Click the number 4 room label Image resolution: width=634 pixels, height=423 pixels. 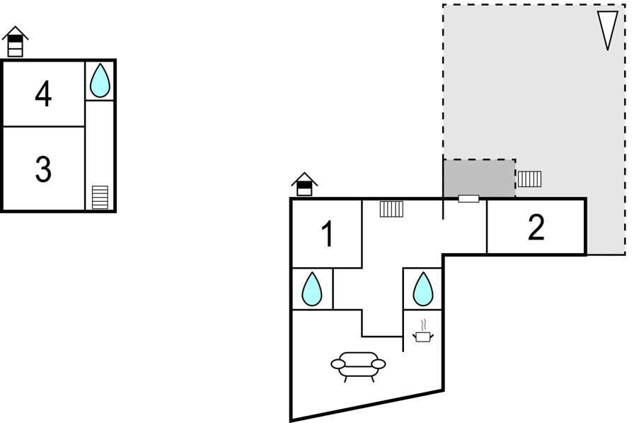pos(43,94)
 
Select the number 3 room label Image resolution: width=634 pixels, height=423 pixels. pos(43,169)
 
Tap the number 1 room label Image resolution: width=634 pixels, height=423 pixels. pos(327,234)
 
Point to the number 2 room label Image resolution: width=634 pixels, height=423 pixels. pos(536,227)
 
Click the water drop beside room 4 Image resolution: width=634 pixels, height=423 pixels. pos(100,81)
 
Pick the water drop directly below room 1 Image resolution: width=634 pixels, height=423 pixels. pos(312,289)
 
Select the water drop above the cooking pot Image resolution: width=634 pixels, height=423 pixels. pos(423,289)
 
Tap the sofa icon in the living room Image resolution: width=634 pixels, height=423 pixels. pos(358,366)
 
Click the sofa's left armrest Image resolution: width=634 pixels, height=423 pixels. pos(338,364)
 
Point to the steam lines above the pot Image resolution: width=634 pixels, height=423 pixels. pos(423,325)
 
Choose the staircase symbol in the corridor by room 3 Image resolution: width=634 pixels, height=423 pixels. pos(100,197)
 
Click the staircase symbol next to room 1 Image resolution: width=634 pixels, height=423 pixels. pos(391,209)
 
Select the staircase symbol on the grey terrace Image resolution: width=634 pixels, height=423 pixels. pos(530,179)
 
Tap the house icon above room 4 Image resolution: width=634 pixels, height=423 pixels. pos(16,42)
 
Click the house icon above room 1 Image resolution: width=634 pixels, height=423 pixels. pos(304,185)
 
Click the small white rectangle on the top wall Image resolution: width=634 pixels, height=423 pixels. pos(468,199)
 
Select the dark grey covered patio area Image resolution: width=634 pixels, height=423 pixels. pos(479,179)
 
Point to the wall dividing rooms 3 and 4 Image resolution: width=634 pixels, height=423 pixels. pos(44,127)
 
